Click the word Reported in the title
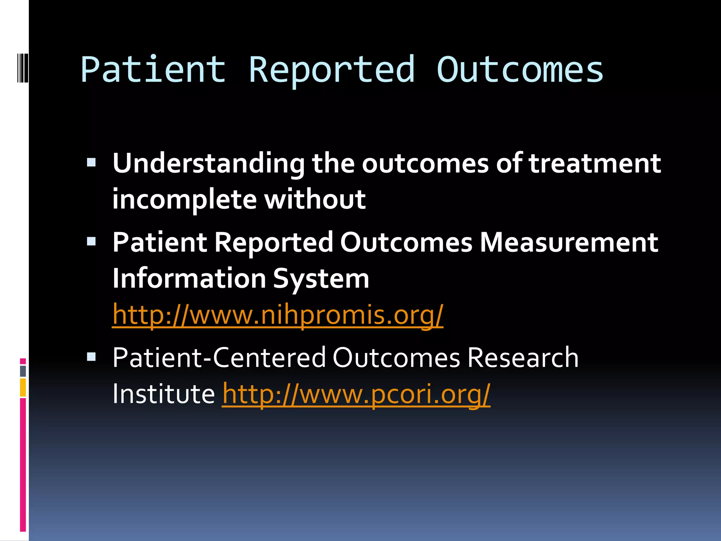point(332,70)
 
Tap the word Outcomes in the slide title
point(520,70)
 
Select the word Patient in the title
point(153,70)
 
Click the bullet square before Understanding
point(91,162)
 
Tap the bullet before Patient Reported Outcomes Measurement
point(91,241)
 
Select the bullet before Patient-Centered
point(91,357)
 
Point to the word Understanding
point(208,164)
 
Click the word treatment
point(595,164)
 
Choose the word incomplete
point(184,200)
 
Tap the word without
point(315,200)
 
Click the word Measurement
point(569,243)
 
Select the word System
point(321,279)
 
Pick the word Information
point(189,279)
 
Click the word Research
point(523,358)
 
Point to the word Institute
point(163,394)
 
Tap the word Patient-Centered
point(219,358)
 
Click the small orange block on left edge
point(23,387)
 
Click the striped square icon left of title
point(23,67)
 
